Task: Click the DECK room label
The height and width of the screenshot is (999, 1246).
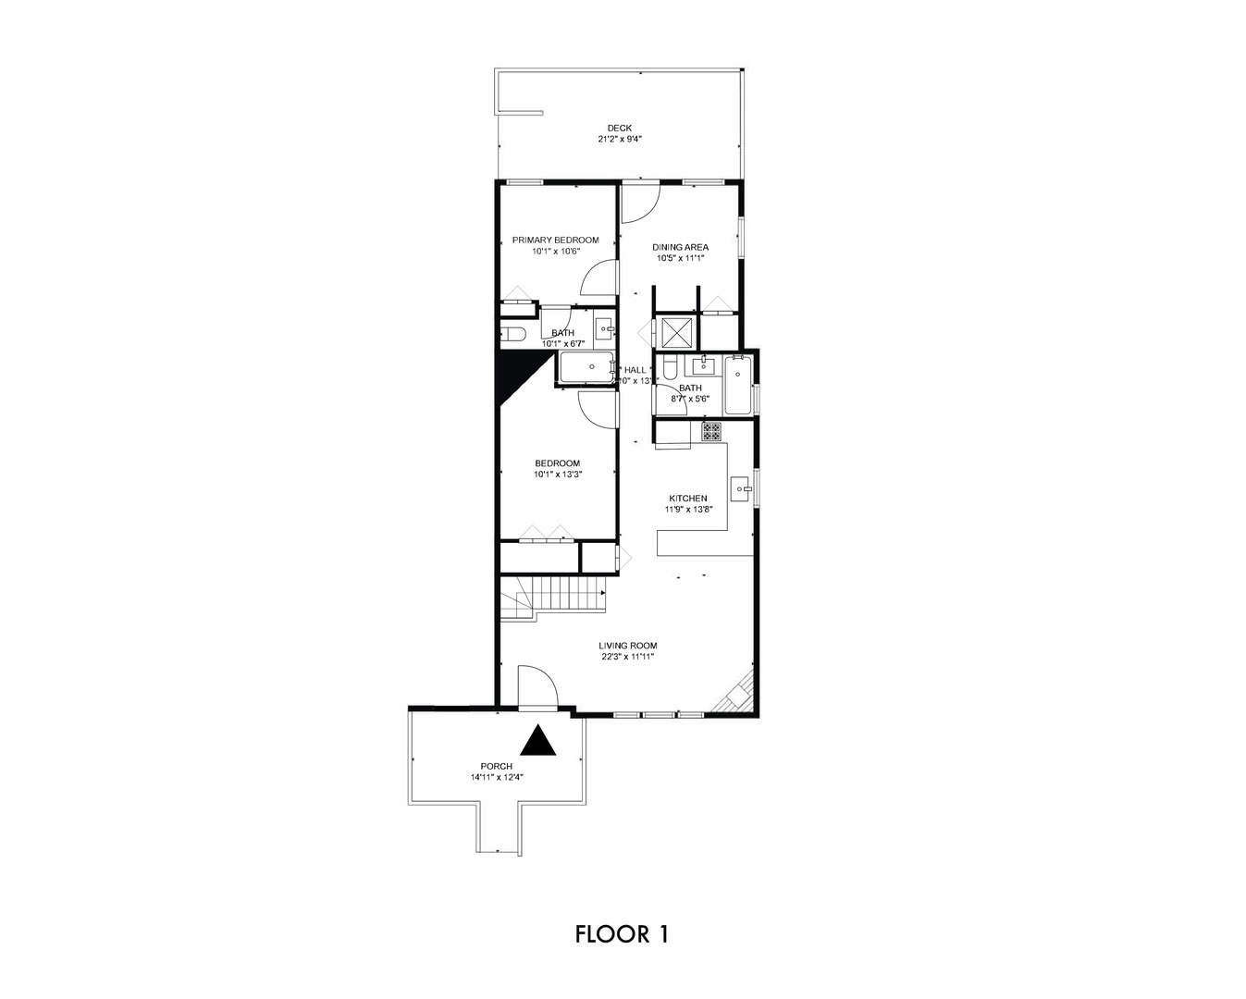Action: pos(619,129)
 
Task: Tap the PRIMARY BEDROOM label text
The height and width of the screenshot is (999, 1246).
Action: pos(555,240)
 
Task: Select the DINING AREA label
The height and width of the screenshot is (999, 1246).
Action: pos(680,247)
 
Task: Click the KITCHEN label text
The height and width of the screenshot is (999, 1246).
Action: pos(688,498)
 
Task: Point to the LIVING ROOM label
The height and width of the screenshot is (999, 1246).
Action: pos(627,646)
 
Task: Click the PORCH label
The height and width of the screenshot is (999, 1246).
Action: pos(496,766)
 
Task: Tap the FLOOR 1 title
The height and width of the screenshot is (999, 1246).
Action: pos(622,933)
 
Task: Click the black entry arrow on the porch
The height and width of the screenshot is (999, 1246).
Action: pos(538,741)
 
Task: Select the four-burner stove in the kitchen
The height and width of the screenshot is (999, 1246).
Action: pos(710,431)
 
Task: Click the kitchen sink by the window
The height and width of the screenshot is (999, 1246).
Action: pos(741,487)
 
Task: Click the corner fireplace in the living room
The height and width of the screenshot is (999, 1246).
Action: pos(739,694)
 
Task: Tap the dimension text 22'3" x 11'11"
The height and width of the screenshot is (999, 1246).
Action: pos(627,657)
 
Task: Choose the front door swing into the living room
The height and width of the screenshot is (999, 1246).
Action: pos(537,689)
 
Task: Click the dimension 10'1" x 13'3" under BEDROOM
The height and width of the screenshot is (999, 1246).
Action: pos(557,475)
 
